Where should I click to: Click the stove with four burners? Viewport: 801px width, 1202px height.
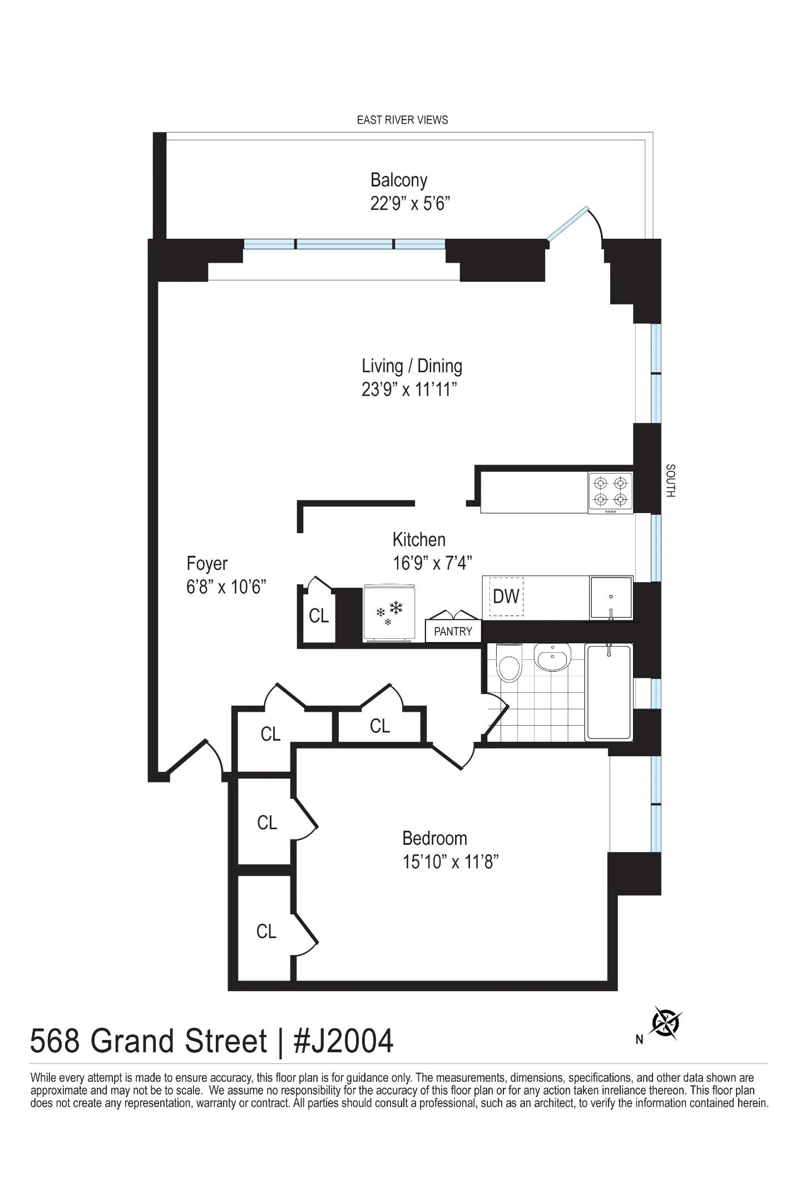(611, 492)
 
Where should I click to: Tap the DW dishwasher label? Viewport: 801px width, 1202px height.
(506, 597)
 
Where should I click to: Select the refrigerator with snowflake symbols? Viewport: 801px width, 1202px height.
(388, 613)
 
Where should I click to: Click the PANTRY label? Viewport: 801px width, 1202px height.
(453, 632)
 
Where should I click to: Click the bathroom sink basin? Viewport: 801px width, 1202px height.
(552, 657)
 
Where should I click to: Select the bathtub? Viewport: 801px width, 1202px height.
(610, 692)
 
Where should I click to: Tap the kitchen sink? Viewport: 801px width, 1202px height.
(611, 598)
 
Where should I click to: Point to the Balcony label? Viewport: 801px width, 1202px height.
(399, 180)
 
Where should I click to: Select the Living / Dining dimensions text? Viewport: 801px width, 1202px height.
(409, 389)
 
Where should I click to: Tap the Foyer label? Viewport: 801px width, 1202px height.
(207, 563)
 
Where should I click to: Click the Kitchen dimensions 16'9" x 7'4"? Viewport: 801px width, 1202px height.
(432, 563)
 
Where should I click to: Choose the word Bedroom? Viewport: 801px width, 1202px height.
(434, 838)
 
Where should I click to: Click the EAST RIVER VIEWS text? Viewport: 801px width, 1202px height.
(402, 120)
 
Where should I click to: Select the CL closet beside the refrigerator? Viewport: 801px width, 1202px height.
(319, 615)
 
